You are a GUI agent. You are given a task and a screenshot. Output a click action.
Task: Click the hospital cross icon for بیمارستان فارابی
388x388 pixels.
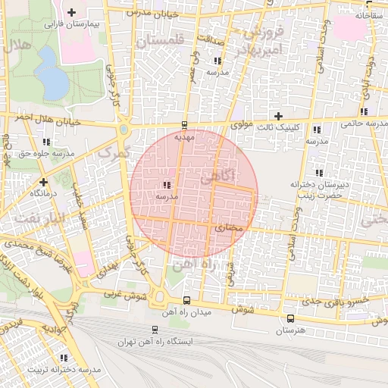coord(72,12)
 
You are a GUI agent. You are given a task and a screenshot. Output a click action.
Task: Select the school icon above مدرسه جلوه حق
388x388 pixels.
coord(46,141)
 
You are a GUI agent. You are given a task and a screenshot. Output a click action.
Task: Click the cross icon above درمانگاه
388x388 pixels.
coord(44,182)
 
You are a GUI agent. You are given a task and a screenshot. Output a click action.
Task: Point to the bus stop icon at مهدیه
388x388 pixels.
coord(185,125)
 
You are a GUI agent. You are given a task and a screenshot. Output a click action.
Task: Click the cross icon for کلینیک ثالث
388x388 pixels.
coord(279,116)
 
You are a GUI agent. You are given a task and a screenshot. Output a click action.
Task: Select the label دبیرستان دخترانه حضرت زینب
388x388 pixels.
coord(316,189)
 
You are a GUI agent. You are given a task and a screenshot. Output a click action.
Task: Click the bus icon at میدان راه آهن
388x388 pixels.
coord(187,301)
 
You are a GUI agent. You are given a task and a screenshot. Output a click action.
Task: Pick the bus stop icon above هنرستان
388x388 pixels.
coord(290,318)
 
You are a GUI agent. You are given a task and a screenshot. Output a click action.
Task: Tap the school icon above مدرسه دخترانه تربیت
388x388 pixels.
coord(64,358)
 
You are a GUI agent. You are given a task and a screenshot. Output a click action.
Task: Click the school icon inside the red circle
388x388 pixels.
coord(166,185)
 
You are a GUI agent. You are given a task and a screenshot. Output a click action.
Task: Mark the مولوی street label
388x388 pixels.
coord(241,123)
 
